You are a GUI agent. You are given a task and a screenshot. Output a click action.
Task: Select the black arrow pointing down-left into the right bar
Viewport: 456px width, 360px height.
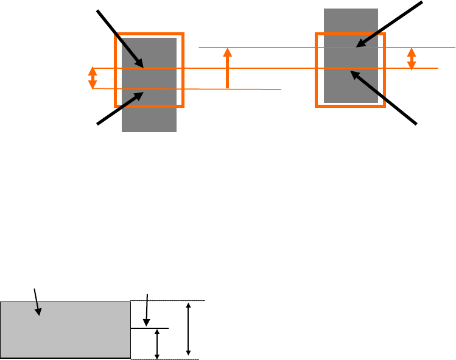tap(390, 24)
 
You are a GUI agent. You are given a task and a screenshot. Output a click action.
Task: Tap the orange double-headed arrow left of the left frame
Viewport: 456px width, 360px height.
tap(93, 78)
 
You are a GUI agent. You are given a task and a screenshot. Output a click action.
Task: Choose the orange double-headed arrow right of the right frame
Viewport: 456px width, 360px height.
tap(412, 58)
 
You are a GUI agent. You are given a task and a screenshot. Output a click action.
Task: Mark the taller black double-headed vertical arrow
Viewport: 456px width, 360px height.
tap(188, 329)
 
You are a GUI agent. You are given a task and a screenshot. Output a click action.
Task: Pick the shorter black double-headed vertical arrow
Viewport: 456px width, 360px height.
tap(157, 344)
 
